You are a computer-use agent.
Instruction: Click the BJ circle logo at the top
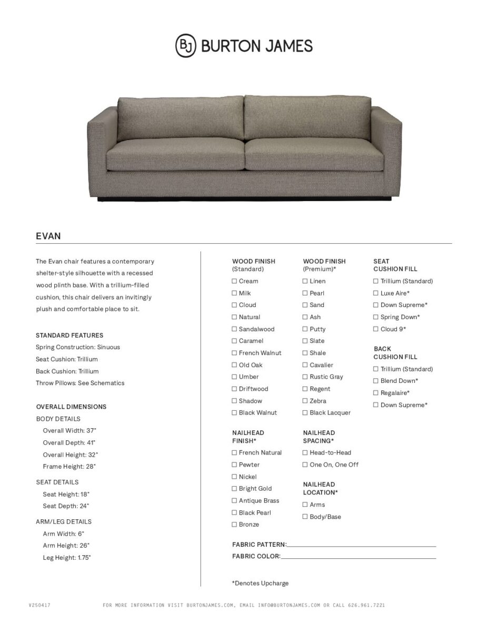point(186,45)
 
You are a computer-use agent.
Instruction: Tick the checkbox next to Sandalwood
point(235,329)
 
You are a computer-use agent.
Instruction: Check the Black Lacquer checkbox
point(305,413)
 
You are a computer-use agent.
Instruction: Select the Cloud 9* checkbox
point(376,329)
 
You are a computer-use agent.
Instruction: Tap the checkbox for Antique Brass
point(235,501)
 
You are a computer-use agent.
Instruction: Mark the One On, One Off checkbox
point(305,465)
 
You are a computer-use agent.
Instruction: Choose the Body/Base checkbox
point(305,517)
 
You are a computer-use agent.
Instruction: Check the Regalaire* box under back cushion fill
point(376,393)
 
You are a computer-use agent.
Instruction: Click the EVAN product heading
point(48,236)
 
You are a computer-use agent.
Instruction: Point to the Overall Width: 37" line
point(69,430)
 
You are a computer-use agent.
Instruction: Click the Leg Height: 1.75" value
point(67,558)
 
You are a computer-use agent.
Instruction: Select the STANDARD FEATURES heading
point(69,335)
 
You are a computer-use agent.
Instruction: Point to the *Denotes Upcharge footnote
point(260,583)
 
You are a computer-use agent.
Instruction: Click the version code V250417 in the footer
point(39,605)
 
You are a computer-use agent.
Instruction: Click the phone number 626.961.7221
point(366,605)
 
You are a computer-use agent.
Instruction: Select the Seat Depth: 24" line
point(66,506)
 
